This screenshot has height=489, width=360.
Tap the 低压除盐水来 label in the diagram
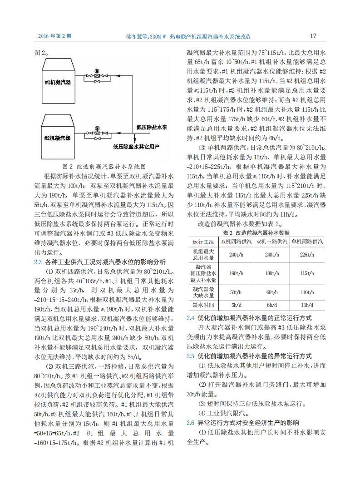click(152, 128)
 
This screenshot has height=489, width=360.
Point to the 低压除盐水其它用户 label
click(138, 146)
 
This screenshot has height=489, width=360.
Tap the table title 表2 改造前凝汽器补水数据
click(256, 232)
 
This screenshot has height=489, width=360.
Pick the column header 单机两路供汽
click(307, 242)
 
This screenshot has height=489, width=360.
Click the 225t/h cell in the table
click(307, 254)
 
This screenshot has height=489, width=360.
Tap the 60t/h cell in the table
click(272, 292)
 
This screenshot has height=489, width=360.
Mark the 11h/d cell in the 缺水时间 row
click(307, 305)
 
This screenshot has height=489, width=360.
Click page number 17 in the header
click(313, 36)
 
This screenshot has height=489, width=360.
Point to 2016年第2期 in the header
click(54, 36)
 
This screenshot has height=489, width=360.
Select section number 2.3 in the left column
click(38, 262)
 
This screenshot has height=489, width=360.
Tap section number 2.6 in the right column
click(191, 422)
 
